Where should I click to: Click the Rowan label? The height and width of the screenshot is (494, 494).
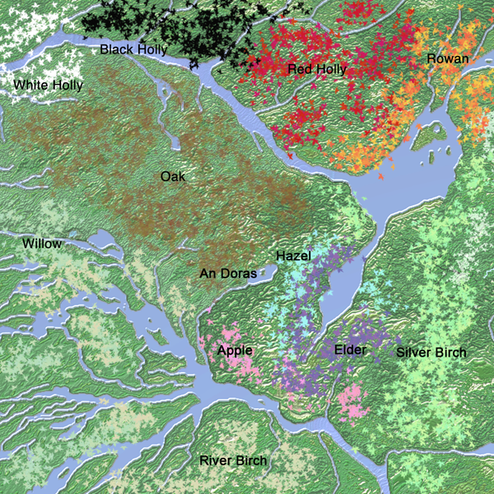click(x=448, y=58)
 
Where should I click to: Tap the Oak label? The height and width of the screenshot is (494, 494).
click(x=173, y=176)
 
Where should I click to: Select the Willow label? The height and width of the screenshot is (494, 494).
click(x=41, y=244)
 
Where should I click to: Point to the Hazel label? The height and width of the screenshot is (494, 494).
click(x=294, y=256)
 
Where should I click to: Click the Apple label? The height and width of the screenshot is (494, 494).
click(x=234, y=351)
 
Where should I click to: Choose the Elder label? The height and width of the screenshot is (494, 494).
click(x=350, y=351)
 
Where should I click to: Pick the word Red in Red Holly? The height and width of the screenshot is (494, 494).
click(x=300, y=69)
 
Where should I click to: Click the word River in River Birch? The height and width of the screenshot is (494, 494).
click(x=216, y=460)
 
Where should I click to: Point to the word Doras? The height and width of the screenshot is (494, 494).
click(x=237, y=273)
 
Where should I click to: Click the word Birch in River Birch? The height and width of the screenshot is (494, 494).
click(x=251, y=460)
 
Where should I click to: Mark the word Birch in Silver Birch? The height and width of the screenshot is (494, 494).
click(x=450, y=353)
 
